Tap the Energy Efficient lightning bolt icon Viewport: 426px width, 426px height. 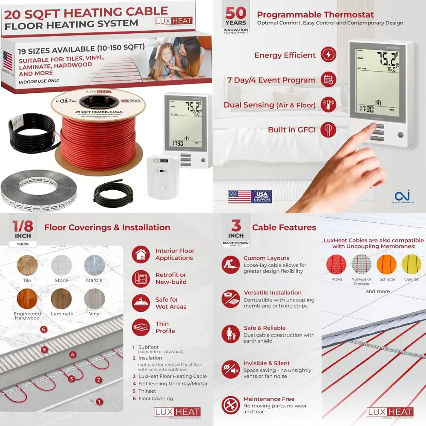pos(328,55)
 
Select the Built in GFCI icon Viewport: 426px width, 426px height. pos(328,129)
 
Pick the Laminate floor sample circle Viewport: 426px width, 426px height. pos(61,299)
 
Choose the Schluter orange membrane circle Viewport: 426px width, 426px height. pos(387,265)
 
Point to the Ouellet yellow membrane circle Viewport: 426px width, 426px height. pos(412,265)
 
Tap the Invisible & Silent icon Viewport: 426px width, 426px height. pos(230,369)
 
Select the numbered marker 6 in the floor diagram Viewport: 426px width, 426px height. pos(43,329)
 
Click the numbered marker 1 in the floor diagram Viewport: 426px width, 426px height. pos(99,401)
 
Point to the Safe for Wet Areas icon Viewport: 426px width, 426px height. pos(141,302)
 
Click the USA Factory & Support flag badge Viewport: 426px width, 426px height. pos(250,196)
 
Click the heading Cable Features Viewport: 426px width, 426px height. pos(284,227)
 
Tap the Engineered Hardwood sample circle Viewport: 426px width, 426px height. pos(27,299)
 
